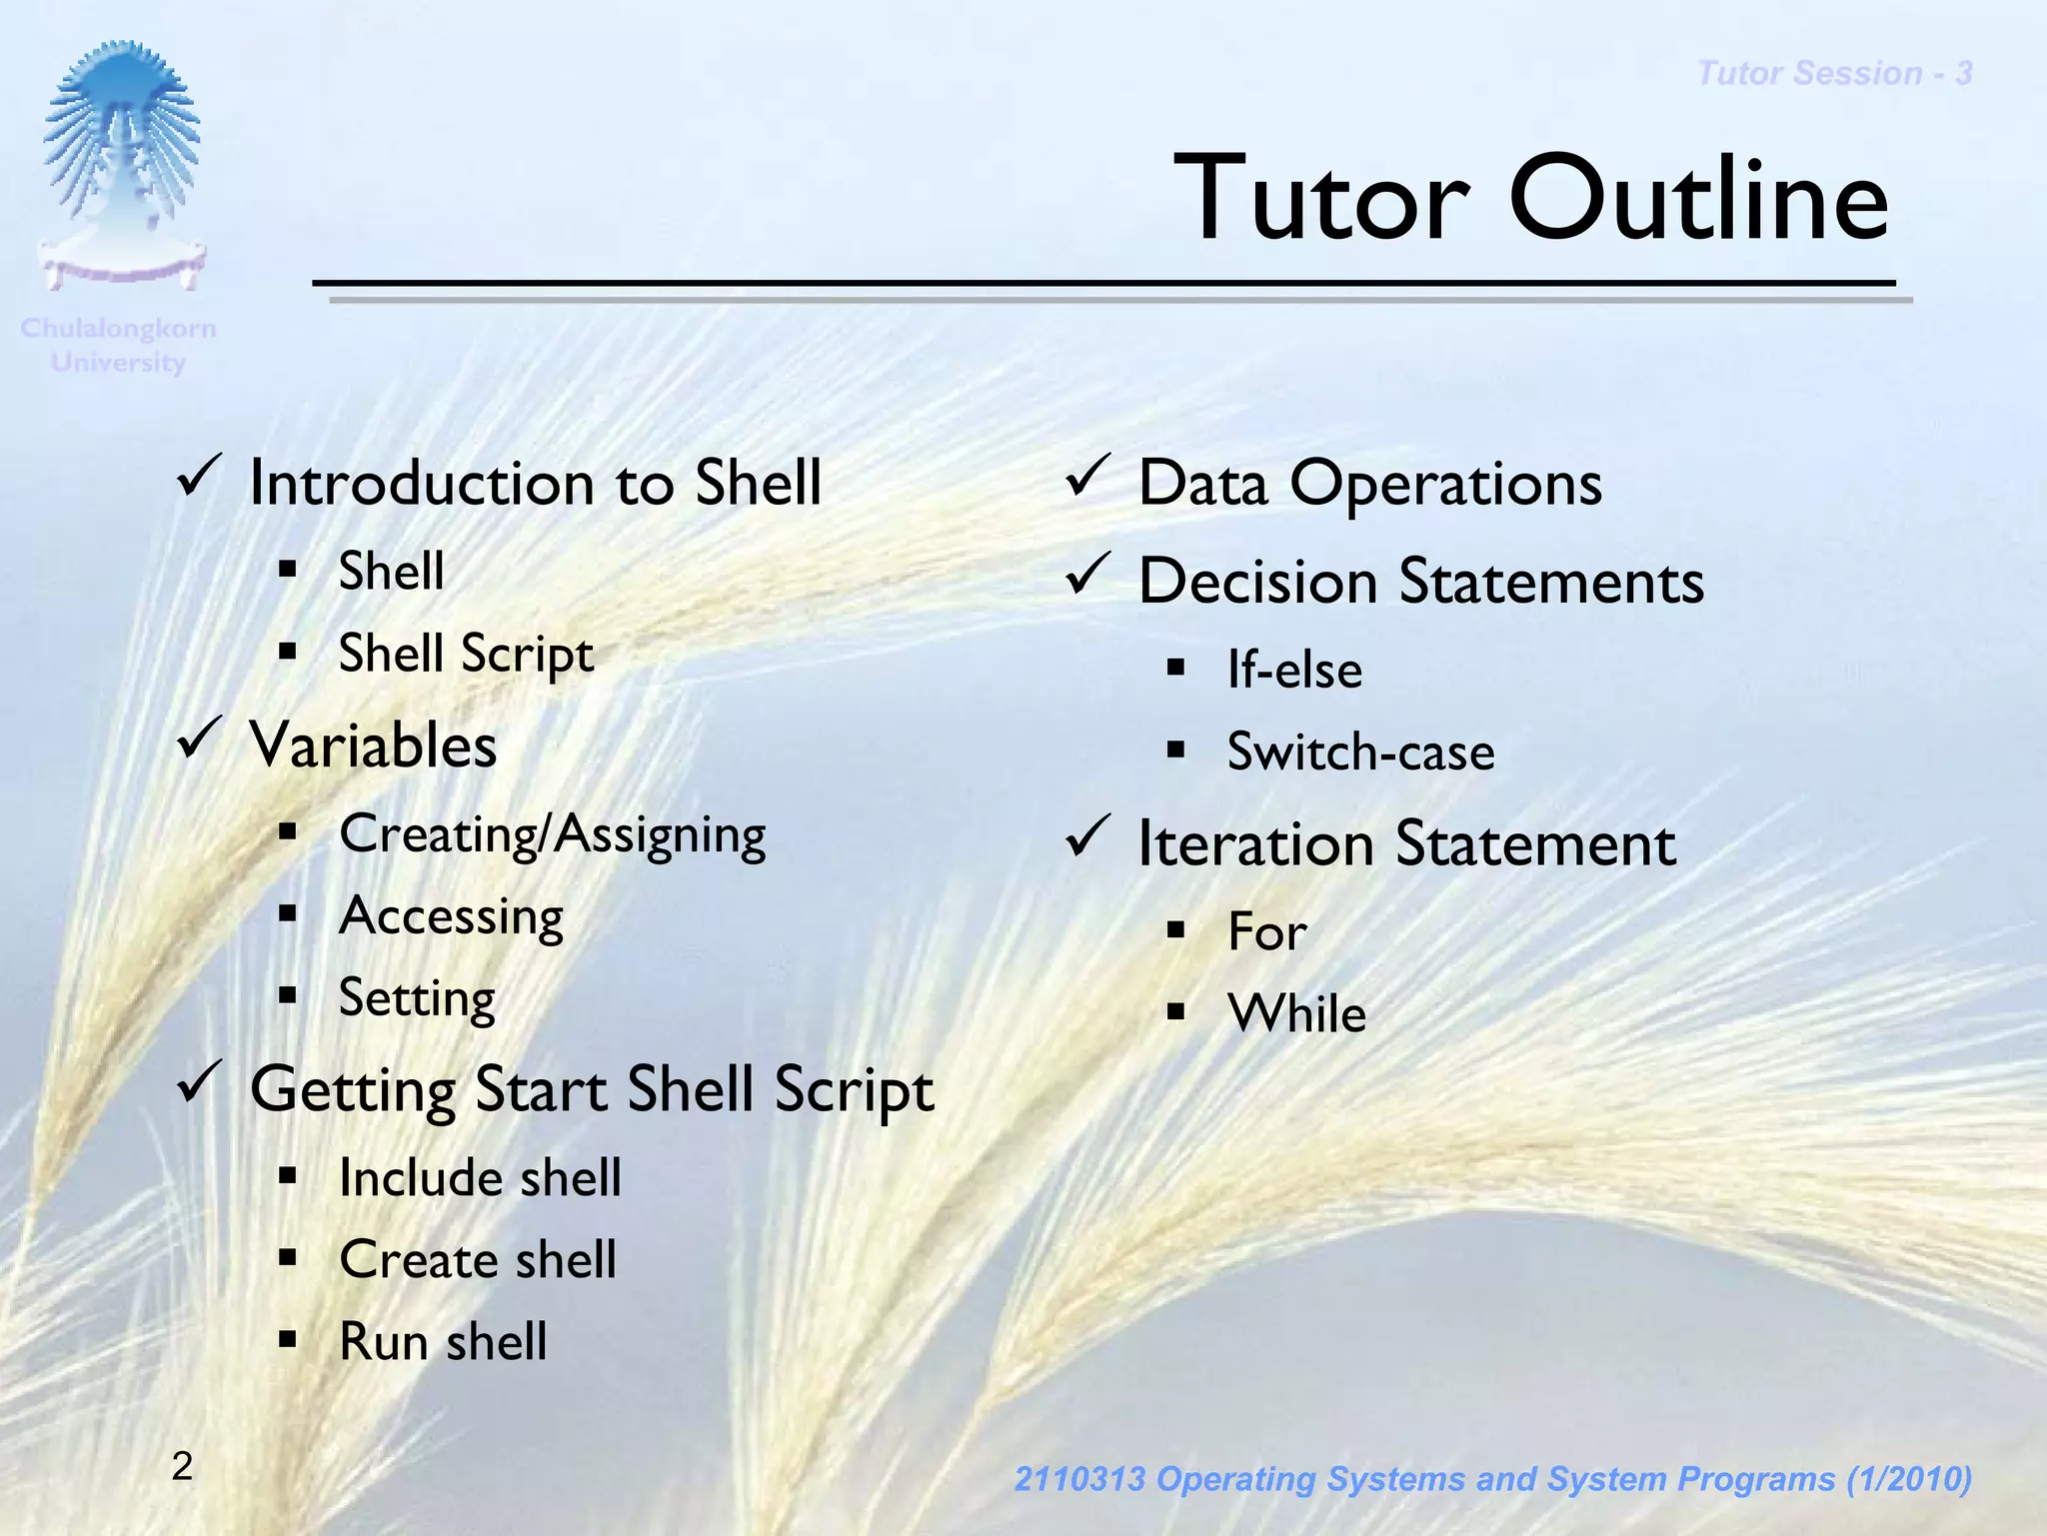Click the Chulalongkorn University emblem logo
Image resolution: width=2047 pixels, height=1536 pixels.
(x=121, y=165)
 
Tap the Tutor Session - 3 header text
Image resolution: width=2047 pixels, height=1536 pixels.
(x=1834, y=73)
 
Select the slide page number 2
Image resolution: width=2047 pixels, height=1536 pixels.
(x=182, y=1466)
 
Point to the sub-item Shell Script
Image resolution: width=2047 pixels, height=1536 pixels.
(x=466, y=655)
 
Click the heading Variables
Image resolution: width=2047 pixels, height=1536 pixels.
(x=373, y=746)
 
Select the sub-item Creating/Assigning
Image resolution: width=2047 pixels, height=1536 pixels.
(x=552, y=834)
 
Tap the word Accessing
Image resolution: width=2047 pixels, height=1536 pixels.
(x=451, y=916)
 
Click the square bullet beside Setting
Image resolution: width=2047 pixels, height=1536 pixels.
(x=288, y=995)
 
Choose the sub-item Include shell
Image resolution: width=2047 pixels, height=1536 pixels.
(x=480, y=1178)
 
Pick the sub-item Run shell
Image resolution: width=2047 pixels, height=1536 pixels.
(x=443, y=1342)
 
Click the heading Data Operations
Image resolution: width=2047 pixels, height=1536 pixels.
(x=1369, y=484)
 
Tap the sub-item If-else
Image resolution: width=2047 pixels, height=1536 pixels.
(x=1294, y=670)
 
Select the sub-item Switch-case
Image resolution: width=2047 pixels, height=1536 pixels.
(x=1360, y=752)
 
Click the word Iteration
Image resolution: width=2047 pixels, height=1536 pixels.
(x=1256, y=843)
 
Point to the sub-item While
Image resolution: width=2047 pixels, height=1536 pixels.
(x=1296, y=1013)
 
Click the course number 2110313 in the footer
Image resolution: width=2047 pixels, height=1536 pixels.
(x=1078, y=1479)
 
